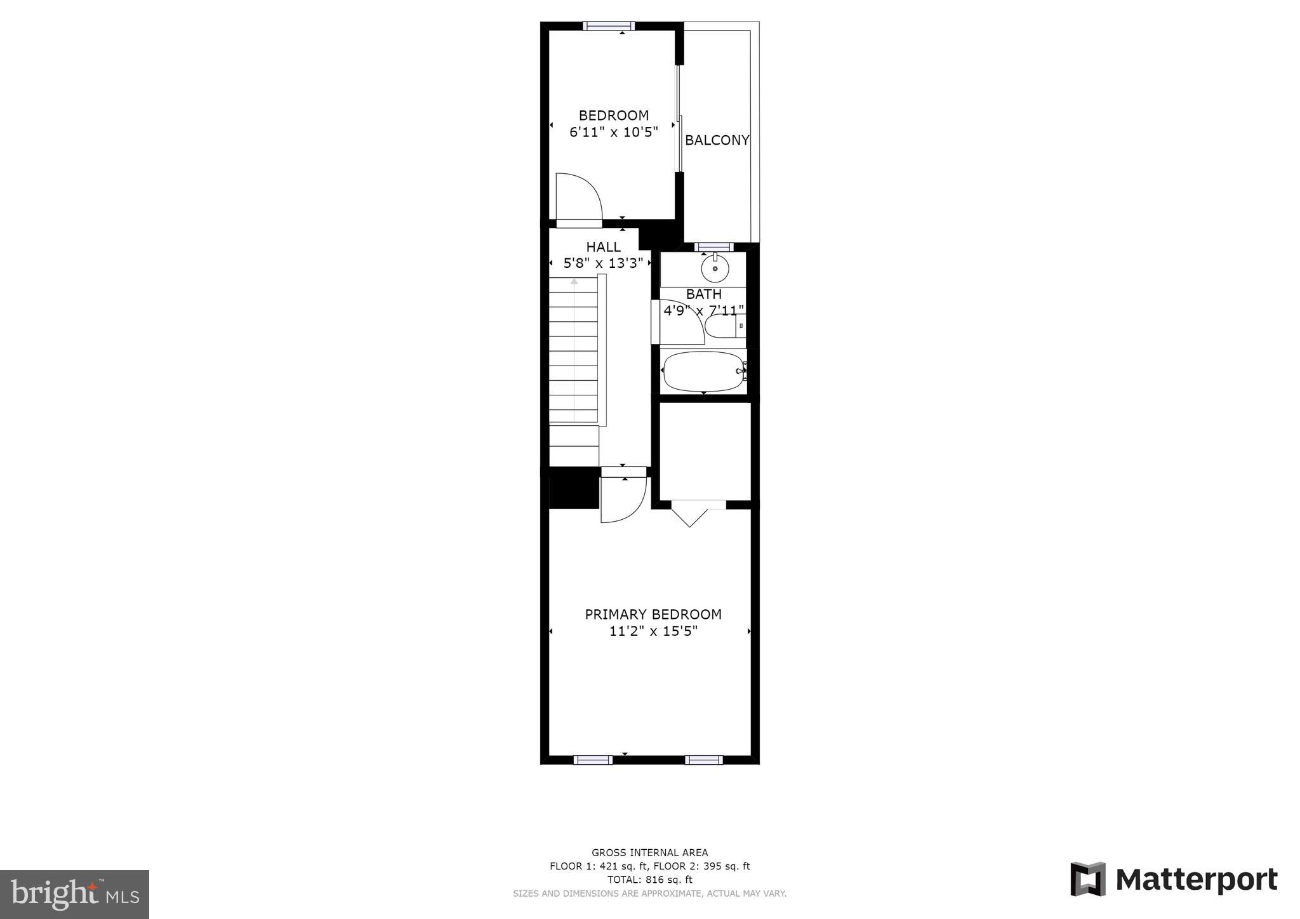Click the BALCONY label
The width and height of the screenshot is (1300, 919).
tap(717, 140)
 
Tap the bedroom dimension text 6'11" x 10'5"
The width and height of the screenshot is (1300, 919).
tap(613, 132)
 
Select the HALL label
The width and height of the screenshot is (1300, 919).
tap(603, 247)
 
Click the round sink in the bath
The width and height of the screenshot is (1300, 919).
tap(715, 269)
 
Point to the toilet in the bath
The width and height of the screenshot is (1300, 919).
tap(721, 326)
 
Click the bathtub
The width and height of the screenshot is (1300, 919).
tap(703, 371)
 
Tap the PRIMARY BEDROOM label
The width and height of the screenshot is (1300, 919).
tap(653, 614)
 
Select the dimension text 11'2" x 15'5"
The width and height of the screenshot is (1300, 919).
tap(653, 631)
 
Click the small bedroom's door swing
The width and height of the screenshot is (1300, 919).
tap(578, 197)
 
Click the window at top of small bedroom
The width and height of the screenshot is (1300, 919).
tap(609, 26)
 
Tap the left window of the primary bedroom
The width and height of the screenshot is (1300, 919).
tap(593, 760)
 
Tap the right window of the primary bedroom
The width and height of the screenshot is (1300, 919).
tap(703, 760)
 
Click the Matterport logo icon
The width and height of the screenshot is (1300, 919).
tap(1088, 879)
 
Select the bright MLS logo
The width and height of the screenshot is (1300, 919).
tap(74, 894)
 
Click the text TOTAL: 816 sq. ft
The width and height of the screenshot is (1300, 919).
tap(649, 880)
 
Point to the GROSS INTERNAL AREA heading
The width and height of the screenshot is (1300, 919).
tap(649, 853)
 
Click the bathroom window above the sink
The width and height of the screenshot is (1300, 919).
tap(714, 247)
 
